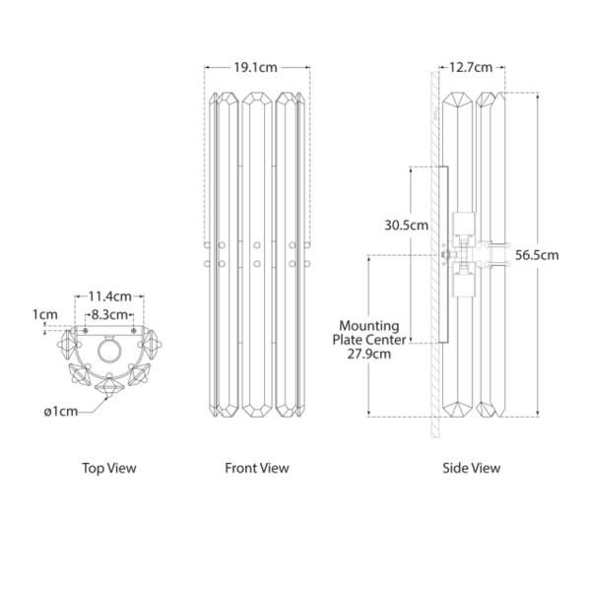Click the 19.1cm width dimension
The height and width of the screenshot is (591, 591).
point(255,67)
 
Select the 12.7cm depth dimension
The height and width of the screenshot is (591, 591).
point(471,67)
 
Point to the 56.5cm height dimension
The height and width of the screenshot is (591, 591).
point(537,255)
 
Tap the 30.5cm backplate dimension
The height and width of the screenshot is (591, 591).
point(406,226)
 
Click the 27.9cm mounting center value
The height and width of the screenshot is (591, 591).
point(369,355)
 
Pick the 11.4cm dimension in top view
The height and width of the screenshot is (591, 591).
point(109,296)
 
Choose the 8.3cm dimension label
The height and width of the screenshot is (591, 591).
point(109,315)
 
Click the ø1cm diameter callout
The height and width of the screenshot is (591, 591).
point(61,412)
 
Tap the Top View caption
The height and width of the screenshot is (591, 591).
point(109,469)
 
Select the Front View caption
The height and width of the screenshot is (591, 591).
point(257,469)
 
